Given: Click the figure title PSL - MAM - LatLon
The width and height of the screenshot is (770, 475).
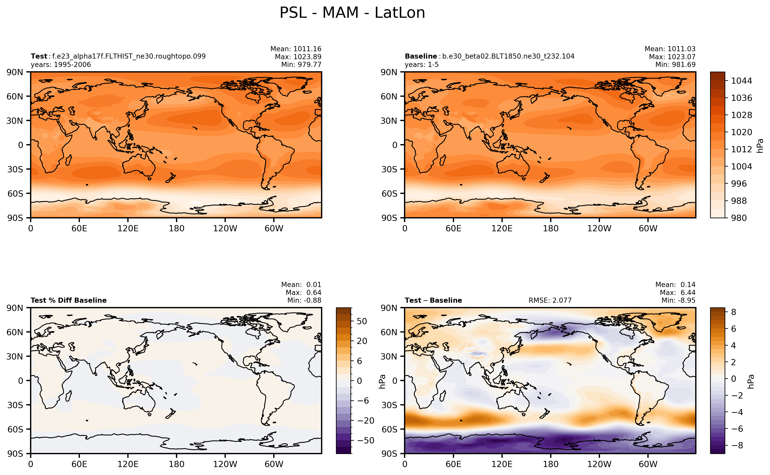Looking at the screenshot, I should tap(352, 13).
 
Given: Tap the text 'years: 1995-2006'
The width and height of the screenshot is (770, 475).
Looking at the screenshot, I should tap(61, 65).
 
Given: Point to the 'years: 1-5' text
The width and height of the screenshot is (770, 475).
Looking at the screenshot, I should tap(421, 65).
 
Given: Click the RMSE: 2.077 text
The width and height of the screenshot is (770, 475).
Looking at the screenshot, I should tap(550, 300).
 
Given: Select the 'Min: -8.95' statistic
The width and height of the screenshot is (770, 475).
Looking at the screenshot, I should tap(678, 300).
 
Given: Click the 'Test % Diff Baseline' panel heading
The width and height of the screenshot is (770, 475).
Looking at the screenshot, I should tap(68, 300).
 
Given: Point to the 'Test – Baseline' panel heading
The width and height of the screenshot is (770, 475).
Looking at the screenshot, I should tap(433, 300).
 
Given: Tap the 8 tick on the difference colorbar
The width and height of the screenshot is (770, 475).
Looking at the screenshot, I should tap(734, 312).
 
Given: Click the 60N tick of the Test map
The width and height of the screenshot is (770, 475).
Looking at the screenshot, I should tap(15, 96).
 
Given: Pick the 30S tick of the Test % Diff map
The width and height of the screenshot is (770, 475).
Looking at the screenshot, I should tap(15, 405).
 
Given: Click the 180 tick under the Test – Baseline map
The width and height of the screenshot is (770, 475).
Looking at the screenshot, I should tap(551, 464).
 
